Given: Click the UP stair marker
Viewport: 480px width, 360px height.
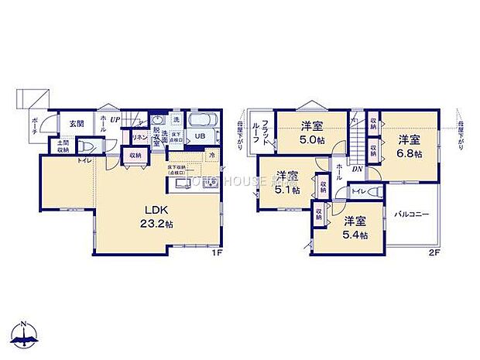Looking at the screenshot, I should pyautogui.click(x=115, y=120).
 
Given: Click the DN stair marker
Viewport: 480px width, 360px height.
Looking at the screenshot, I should pyautogui.click(x=357, y=169).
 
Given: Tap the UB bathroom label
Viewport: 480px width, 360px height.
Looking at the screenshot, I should pyautogui.click(x=199, y=137).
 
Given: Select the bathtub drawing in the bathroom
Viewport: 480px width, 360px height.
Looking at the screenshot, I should pyautogui.click(x=200, y=122).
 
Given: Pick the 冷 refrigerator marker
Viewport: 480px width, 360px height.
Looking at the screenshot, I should pyautogui.click(x=212, y=155).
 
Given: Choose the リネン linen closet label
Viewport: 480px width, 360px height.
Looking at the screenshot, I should pyautogui.click(x=140, y=137).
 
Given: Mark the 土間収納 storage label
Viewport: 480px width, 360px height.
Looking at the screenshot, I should pyautogui.click(x=60, y=146).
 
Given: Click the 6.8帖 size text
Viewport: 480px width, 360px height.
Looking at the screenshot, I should pyautogui.click(x=410, y=154).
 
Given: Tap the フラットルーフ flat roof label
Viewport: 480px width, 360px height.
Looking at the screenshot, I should pyautogui.click(x=264, y=133).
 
